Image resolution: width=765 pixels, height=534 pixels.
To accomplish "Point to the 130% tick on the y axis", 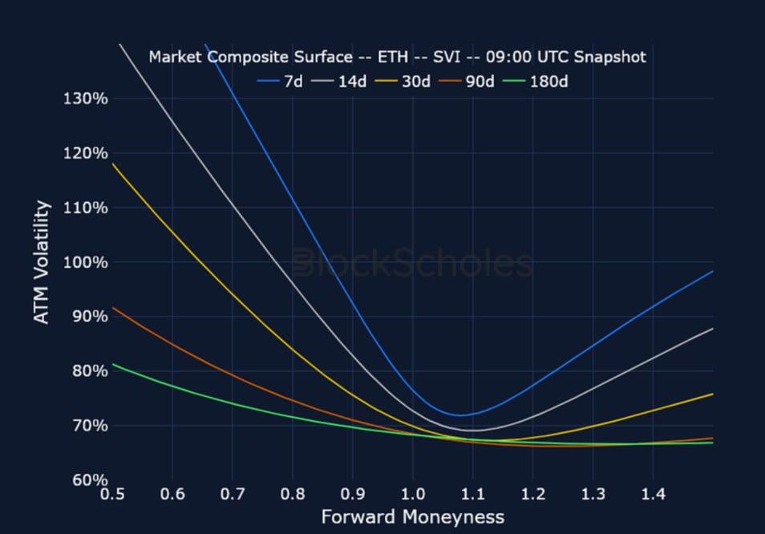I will click(x=85, y=99).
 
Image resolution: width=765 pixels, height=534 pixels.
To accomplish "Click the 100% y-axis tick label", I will click(x=85, y=262).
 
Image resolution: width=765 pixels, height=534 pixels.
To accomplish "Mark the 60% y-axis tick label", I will click(x=88, y=479).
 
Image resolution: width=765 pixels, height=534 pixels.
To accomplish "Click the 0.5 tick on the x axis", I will click(x=112, y=494).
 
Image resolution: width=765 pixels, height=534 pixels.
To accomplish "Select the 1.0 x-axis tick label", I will click(x=413, y=494).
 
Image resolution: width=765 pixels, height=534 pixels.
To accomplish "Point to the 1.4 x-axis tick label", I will click(x=653, y=494).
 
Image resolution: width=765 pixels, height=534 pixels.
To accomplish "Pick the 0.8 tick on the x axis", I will click(x=293, y=494).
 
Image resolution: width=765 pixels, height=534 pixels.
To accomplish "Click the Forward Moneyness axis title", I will click(x=413, y=517).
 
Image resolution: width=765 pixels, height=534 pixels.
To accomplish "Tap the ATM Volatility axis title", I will click(x=42, y=262).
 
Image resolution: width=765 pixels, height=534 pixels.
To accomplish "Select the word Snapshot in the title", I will click(x=609, y=57).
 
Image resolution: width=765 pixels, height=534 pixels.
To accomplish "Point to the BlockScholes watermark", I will click(x=413, y=263).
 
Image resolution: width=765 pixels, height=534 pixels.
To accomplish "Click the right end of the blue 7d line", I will click(x=712, y=272).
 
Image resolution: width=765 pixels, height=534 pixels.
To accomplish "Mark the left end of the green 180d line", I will click(x=113, y=364).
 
